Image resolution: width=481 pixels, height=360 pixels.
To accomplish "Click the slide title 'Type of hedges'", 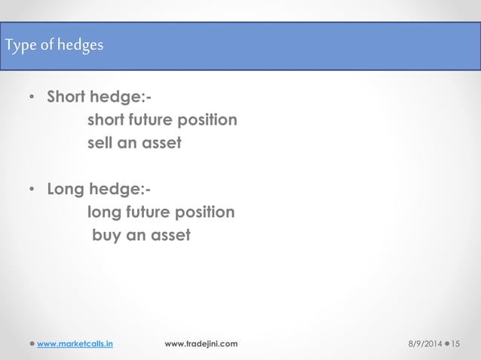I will pos(54,46).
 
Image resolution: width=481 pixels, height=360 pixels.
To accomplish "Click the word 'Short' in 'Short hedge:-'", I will pos(66,98).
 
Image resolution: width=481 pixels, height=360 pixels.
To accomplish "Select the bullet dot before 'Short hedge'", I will pos(31,99).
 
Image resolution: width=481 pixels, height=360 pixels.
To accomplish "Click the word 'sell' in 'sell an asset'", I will pos(101,142).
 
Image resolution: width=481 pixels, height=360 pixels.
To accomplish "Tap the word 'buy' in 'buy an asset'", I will pos(106,236).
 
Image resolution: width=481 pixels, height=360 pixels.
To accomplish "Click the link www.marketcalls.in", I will pos(75,344).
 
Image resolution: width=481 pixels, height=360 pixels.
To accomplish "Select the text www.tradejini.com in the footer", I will pos(201,344).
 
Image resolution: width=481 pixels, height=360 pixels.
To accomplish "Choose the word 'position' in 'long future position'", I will pos(204,213).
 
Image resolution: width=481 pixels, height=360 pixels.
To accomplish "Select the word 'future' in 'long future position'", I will pos(148,213).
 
